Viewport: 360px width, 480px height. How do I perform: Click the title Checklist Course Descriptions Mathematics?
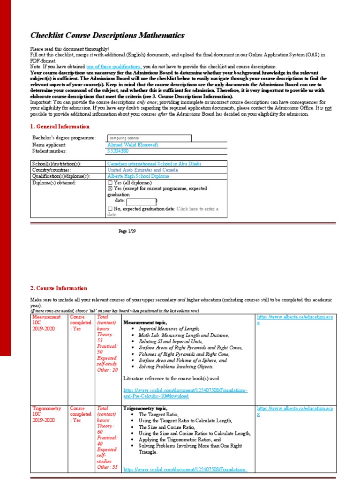(x=107, y=36)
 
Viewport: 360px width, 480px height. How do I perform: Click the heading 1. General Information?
(x=60, y=127)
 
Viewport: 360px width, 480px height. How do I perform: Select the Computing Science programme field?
(x=149, y=138)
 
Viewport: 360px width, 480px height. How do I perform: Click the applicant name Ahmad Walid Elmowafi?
(x=133, y=145)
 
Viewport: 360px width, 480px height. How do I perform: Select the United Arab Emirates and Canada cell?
(x=142, y=170)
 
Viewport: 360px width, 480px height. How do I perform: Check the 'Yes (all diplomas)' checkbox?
(x=110, y=183)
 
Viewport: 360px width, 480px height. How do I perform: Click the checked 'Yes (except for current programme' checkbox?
(x=110, y=188)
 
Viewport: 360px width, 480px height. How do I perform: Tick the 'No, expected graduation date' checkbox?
(x=110, y=209)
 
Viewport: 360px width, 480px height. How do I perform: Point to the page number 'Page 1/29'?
(x=126, y=232)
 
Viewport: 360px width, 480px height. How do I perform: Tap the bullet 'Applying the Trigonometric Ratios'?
(x=180, y=440)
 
